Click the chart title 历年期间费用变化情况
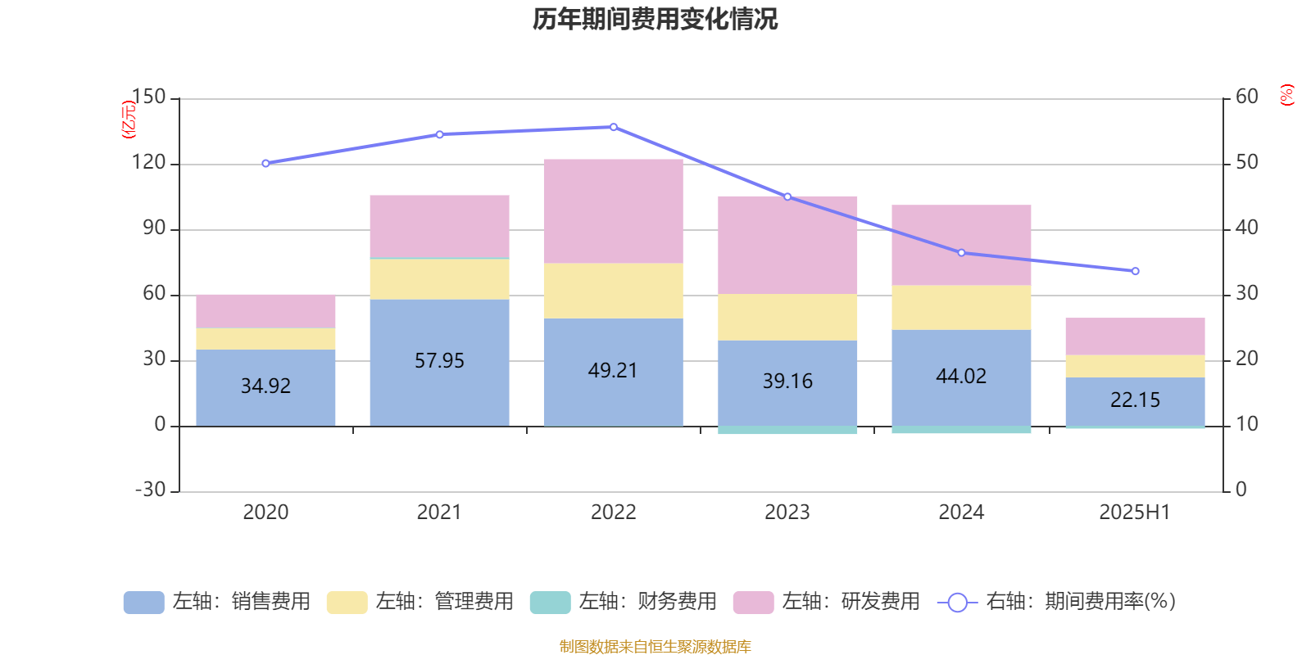655,20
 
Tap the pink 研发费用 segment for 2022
613,211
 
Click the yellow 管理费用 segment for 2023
787,317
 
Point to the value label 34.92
265,386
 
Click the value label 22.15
1135,400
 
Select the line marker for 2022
614,127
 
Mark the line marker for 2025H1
1135,271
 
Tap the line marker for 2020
265,164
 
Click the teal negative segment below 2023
787,430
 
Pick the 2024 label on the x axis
961,513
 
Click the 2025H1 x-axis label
1135,513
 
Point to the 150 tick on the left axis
148,97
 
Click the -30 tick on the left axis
150,490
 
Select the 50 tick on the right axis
1246,163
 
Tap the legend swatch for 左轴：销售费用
143,603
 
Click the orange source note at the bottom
655,647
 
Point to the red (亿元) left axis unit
128,120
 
